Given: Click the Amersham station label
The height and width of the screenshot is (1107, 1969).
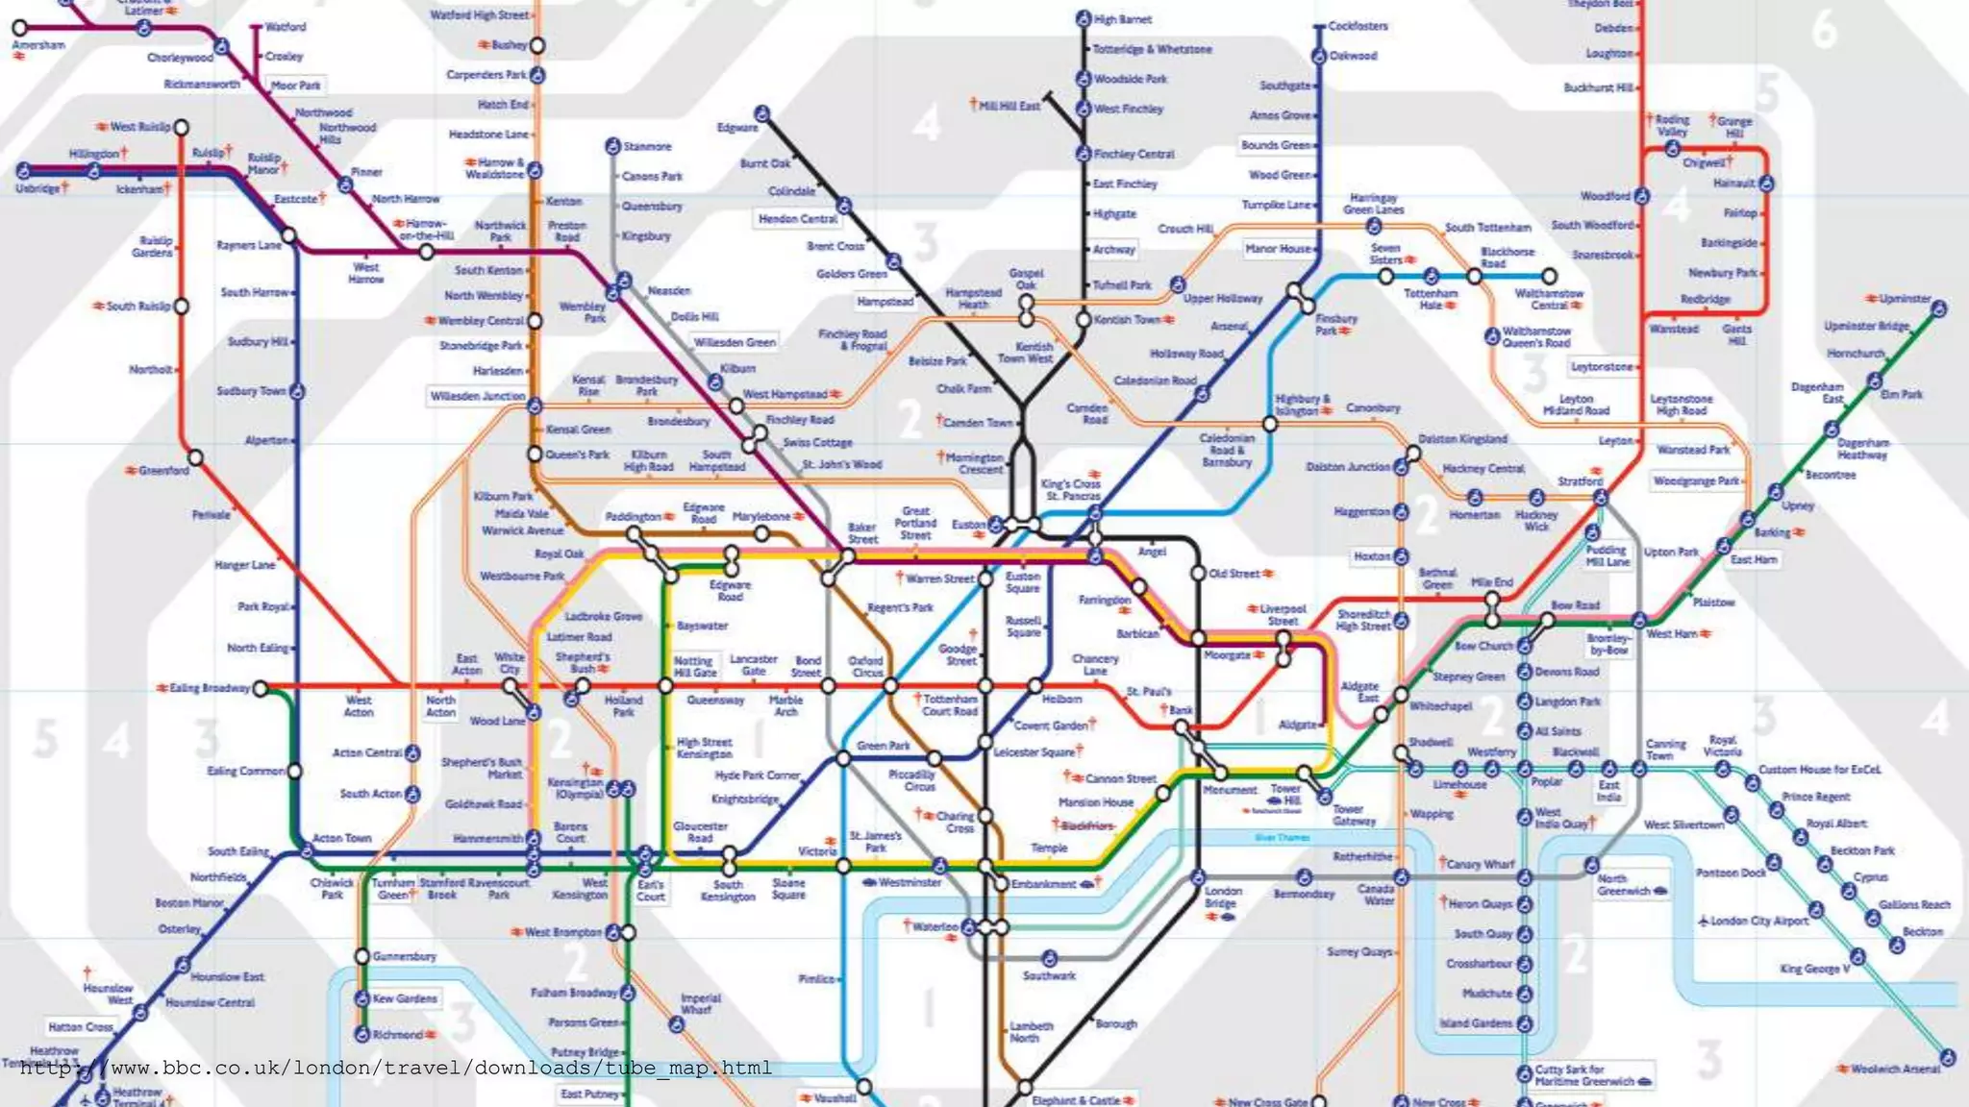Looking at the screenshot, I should pyautogui.click(x=38, y=45).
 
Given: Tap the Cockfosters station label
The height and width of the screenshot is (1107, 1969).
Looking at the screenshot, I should pyautogui.click(x=1358, y=26).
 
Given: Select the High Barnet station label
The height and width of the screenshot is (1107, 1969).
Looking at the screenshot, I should pyautogui.click(x=1122, y=19).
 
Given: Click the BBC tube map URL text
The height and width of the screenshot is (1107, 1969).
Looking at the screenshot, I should pyautogui.click(x=395, y=1068).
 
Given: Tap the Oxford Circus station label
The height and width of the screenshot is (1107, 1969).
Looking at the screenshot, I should pyautogui.click(x=865, y=666).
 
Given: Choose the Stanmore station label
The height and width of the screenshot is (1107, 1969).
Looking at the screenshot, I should pyautogui.click(x=647, y=147).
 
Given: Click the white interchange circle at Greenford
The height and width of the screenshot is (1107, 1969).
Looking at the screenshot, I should pyautogui.click(x=195, y=457).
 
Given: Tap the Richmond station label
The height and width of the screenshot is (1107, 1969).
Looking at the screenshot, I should pyautogui.click(x=398, y=1035).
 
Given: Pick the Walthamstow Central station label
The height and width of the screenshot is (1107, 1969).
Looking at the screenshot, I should pyautogui.click(x=1549, y=299).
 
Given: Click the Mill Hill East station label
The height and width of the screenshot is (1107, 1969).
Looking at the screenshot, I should pyautogui.click(x=1009, y=106).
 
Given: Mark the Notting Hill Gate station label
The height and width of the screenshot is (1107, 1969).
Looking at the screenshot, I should pyautogui.click(x=694, y=666).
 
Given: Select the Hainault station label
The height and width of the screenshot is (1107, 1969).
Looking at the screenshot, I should pyautogui.click(x=1733, y=183).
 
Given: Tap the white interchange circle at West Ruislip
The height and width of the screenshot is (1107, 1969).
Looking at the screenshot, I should pyautogui.click(x=181, y=127).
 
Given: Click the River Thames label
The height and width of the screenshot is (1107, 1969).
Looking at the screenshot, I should pyautogui.click(x=1282, y=837).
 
